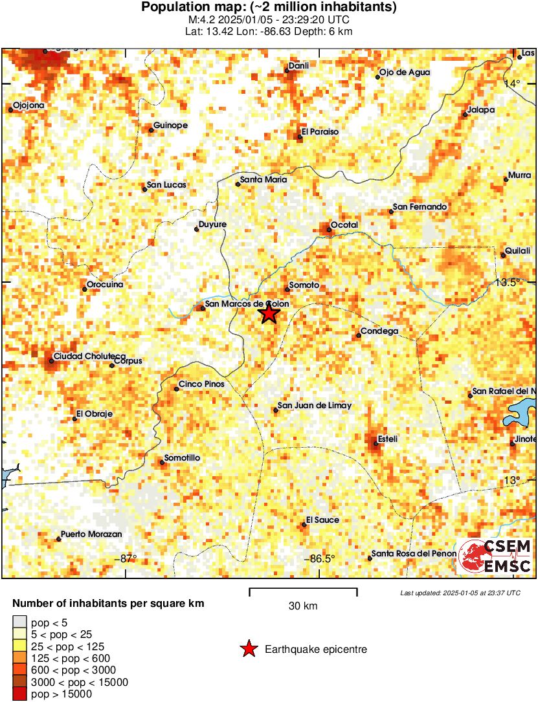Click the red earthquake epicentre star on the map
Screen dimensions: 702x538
[269, 314]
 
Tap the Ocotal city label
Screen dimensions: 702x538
[344, 225]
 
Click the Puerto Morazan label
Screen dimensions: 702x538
[91, 535]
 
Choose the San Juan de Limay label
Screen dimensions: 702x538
[315, 406]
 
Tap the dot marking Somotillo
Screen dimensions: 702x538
[162, 462]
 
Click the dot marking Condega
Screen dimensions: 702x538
[358, 335]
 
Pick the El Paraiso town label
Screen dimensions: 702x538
[320, 132]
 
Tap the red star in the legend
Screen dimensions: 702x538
[249, 649]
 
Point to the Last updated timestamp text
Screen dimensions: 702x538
[460, 593]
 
